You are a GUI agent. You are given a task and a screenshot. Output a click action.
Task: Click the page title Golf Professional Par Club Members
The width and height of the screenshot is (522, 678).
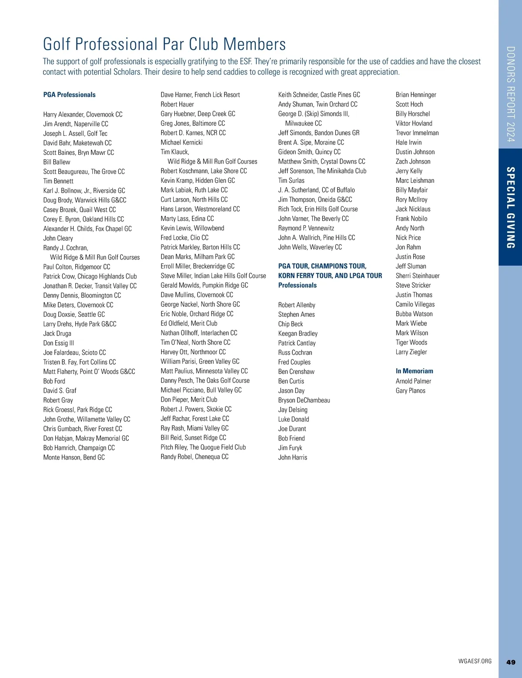pyautogui.click(x=164, y=44)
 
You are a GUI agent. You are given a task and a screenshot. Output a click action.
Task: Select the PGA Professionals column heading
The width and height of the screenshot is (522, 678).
pyautogui.click(x=70, y=95)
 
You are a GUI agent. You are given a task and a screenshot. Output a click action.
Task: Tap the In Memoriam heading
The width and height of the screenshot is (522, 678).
pyautogui.click(x=414, y=371)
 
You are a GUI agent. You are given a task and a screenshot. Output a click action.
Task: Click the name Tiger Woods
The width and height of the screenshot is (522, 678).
pyautogui.click(x=412, y=342)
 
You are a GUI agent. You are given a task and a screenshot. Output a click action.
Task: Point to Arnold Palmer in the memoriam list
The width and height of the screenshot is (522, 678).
pyautogui.click(x=413, y=381)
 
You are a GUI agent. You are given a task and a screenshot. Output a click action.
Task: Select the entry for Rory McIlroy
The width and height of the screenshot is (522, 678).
pyautogui.click(x=412, y=200)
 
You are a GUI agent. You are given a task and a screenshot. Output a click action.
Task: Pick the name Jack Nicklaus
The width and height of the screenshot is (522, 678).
pyautogui.click(x=413, y=209)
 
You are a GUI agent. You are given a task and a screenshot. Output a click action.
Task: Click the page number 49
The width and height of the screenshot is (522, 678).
pyautogui.click(x=511, y=662)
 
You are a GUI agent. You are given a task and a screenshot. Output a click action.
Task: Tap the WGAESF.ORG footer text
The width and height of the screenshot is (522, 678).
pyautogui.click(x=475, y=661)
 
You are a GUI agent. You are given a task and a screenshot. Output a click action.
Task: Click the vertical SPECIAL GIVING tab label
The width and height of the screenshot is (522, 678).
pyautogui.click(x=511, y=208)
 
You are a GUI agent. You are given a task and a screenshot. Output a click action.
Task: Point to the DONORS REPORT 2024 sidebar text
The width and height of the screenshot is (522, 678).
pyautogui.click(x=511, y=94)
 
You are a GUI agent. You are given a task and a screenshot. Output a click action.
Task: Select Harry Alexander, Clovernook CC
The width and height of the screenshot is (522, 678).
pyautogui.click(x=83, y=114)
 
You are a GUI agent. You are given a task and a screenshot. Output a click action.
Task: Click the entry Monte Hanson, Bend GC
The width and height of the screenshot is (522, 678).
pyautogui.click(x=74, y=457)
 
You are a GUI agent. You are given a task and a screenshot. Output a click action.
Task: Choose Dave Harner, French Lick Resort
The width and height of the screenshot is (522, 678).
pyautogui.click(x=200, y=95)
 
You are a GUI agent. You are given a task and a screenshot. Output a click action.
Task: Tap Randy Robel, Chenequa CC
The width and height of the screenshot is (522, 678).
pyautogui.click(x=194, y=457)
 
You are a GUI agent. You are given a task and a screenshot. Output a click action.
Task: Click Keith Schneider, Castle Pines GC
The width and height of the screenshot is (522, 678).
pyautogui.click(x=319, y=95)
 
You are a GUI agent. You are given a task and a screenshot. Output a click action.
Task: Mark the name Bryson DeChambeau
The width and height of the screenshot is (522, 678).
pyautogui.click(x=304, y=400)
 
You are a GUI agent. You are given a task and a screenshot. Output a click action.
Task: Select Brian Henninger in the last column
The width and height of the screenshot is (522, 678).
pyautogui.click(x=416, y=95)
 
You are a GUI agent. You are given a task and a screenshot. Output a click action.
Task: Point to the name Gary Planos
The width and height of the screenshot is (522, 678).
pyautogui.click(x=411, y=391)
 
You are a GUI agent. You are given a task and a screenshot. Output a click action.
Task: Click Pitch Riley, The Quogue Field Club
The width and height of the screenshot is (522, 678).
pyautogui.click(x=203, y=447)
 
